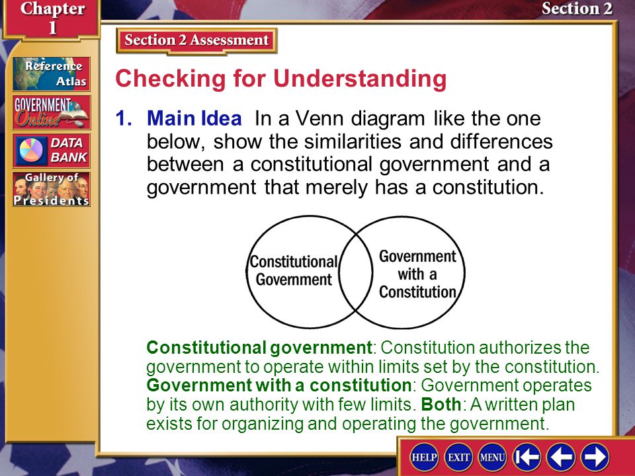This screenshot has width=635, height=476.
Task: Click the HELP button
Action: [x=424, y=457]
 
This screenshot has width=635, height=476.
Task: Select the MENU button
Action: [x=492, y=457]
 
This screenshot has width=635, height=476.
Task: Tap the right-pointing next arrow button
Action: [x=595, y=457]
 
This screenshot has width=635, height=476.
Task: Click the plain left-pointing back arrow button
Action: [x=561, y=457]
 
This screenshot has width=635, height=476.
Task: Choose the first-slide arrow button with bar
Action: [x=527, y=457]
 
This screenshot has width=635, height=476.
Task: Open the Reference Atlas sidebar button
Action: [x=51, y=73]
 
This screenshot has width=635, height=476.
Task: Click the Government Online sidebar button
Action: [x=51, y=112]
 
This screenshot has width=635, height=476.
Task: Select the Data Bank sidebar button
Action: [x=51, y=151]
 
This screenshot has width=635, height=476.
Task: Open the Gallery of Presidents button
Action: [x=51, y=189]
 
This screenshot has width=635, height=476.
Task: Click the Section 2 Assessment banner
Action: [x=196, y=40]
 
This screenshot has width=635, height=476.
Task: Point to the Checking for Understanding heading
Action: [x=281, y=79]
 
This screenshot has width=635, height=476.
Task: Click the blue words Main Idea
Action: [x=194, y=118]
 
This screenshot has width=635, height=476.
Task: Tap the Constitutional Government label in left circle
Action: [x=294, y=270]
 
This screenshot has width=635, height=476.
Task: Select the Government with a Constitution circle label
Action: [x=417, y=274]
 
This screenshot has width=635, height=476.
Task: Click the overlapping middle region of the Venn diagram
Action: [x=356, y=272]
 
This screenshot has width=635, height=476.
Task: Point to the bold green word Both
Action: [x=441, y=405]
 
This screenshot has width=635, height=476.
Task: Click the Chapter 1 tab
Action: [x=52, y=19]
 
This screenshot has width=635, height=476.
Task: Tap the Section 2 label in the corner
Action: [x=577, y=9]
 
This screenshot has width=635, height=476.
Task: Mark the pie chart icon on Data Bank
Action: [x=31, y=150]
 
